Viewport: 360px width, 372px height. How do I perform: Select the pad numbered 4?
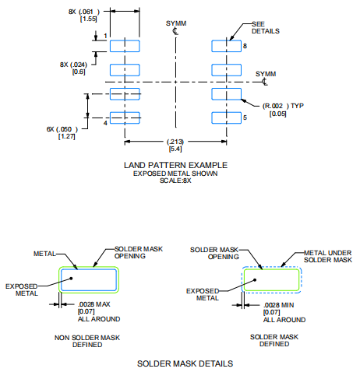(x=125, y=118)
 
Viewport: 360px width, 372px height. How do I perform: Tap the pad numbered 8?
(x=227, y=46)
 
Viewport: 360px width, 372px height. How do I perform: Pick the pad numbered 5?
(x=227, y=118)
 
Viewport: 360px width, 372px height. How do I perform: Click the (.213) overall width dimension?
(x=176, y=141)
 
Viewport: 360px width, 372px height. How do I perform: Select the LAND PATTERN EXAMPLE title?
(x=176, y=165)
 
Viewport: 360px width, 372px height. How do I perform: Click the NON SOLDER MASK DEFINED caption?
(x=87, y=340)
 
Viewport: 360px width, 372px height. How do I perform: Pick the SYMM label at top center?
(x=176, y=24)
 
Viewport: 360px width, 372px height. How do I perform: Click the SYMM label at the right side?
(x=266, y=72)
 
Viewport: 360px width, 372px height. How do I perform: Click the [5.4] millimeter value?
(x=176, y=148)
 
